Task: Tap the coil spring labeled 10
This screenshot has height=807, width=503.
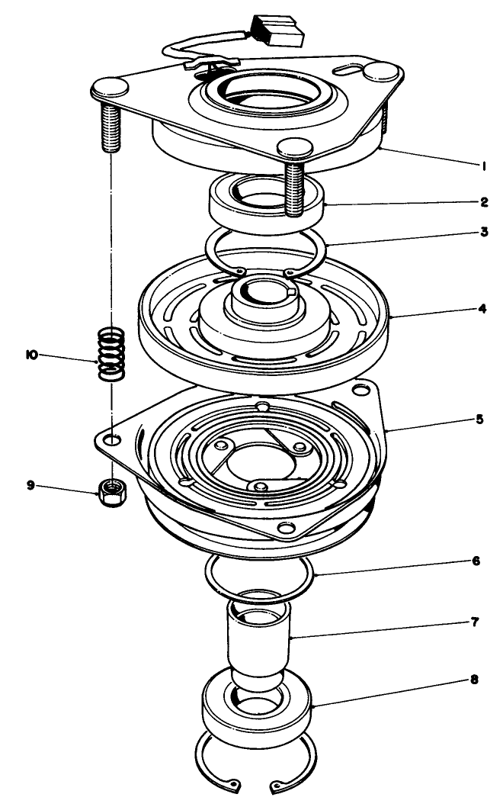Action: [x=112, y=353]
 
